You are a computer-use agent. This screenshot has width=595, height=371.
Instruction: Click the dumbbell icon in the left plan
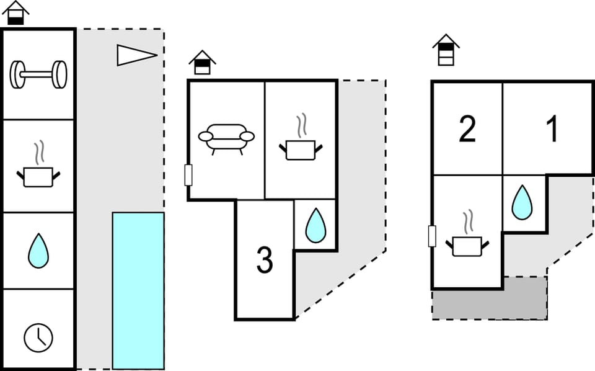click(x=38, y=74)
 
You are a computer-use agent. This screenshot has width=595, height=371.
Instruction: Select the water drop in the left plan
click(x=38, y=251)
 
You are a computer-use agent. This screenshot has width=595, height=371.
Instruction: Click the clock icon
click(x=38, y=338)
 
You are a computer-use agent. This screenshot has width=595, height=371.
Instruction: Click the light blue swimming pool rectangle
click(x=138, y=290)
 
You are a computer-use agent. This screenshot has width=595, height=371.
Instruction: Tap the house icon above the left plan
click(x=16, y=12)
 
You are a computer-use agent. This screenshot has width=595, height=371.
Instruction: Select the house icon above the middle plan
click(x=202, y=63)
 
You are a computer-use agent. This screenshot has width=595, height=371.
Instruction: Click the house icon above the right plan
click(x=446, y=50)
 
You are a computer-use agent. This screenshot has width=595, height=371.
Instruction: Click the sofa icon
click(x=226, y=138)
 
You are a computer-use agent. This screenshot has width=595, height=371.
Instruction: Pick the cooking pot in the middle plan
click(x=301, y=145)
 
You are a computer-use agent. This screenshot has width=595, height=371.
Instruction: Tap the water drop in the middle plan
click(x=315, y=226)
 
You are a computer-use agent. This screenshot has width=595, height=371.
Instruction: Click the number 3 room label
click(x=265, y=261)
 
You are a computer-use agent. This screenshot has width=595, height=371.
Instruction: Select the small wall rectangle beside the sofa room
click(x=188, y=175)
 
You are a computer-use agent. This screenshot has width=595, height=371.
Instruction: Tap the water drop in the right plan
click(x=522, y=202)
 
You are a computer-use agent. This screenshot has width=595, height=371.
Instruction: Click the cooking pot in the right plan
click(x=467, y=241)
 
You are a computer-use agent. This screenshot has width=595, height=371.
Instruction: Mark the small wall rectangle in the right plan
click(x=432, y=236)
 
